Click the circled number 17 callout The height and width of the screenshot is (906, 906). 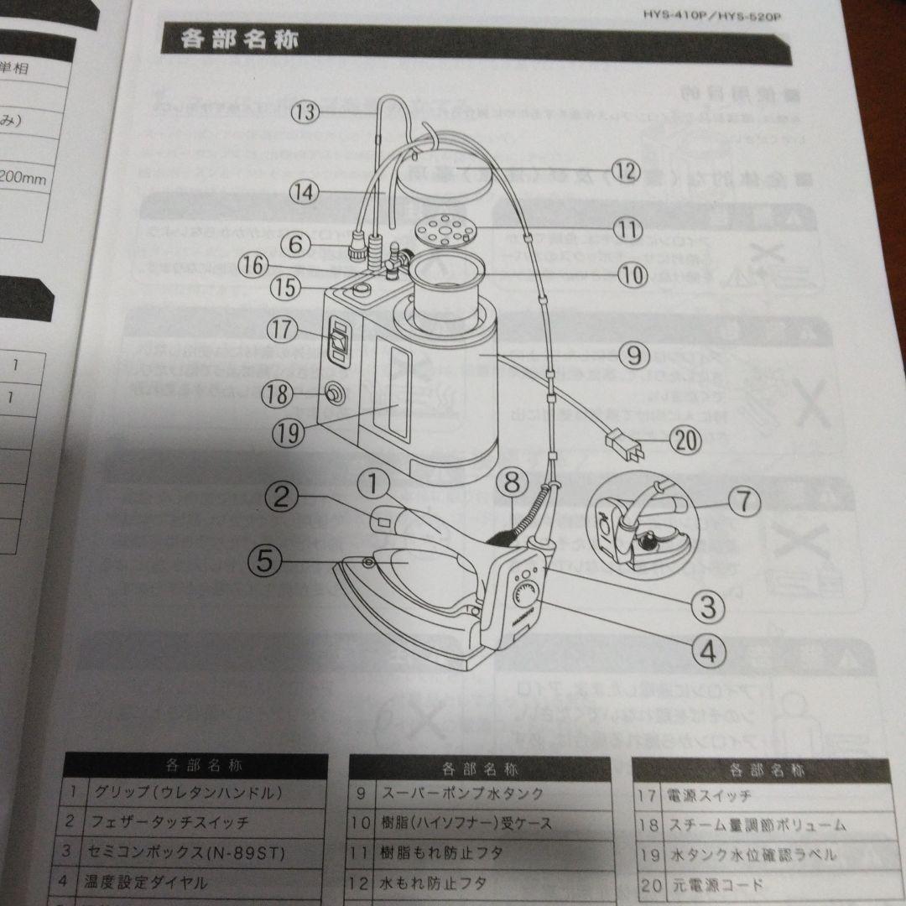pyautogui.click(x=284, y=330)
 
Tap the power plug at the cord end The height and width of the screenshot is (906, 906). pyautogui.click(x=626, y=450)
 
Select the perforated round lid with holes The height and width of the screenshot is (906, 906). pyautogui.click(x=445, y=227)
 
